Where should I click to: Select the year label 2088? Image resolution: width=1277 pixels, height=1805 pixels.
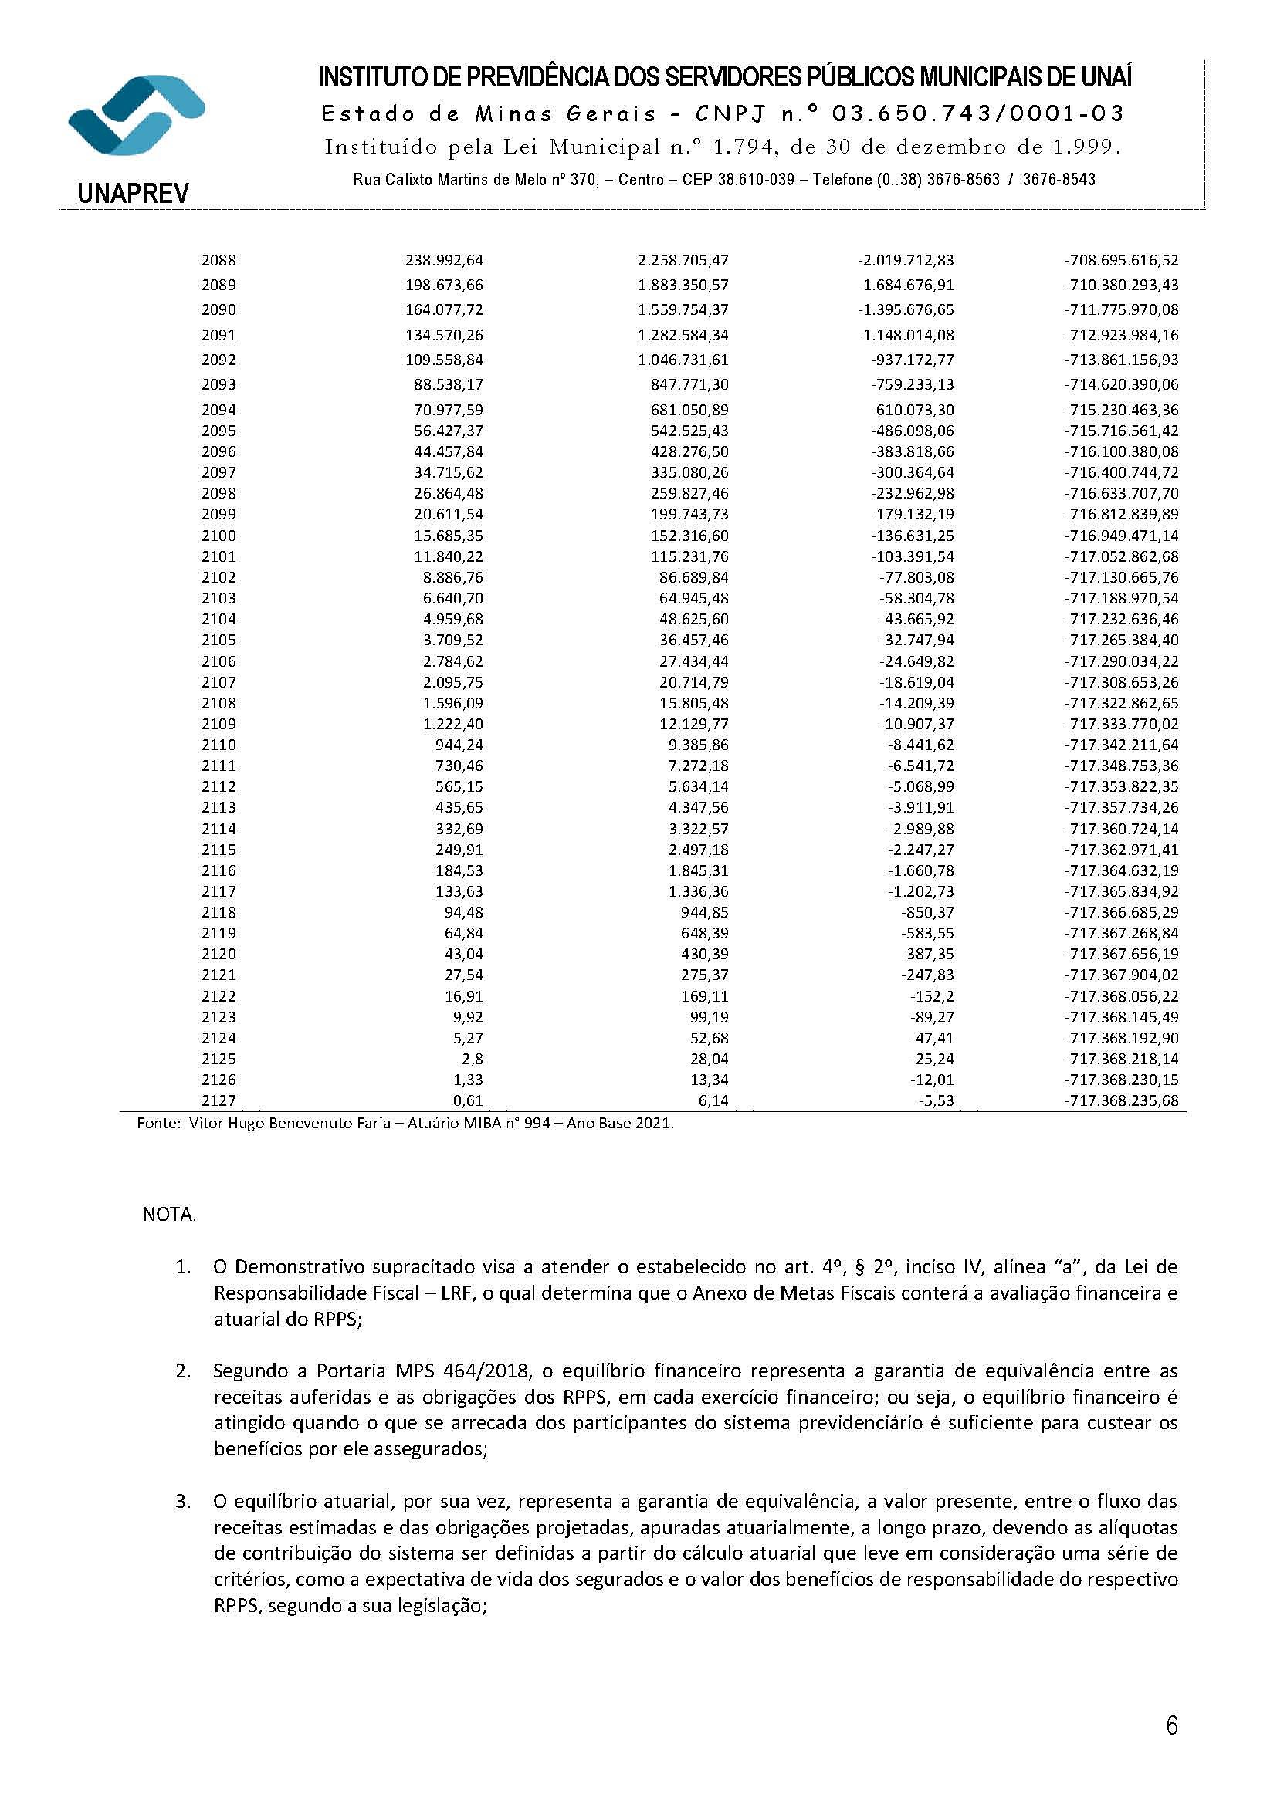218,260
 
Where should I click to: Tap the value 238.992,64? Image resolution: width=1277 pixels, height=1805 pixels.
443,260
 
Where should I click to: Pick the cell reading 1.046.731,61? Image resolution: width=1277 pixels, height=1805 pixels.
683,360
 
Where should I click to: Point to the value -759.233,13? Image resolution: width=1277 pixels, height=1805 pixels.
912,384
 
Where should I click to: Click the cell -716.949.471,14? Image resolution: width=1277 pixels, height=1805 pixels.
1121,536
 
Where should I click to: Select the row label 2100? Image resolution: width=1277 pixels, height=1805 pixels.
218,536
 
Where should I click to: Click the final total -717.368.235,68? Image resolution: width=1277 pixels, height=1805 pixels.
1121,1100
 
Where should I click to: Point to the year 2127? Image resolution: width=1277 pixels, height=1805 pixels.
218,1100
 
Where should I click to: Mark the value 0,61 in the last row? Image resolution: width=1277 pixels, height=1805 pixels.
470,1100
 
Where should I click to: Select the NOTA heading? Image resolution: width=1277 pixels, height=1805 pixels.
168,1215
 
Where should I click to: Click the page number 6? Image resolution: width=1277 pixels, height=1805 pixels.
1172,1726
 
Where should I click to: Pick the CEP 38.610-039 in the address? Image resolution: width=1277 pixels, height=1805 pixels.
753,179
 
